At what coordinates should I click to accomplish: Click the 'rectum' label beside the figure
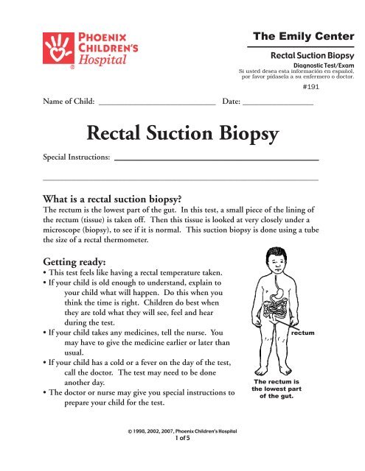(x=303, y=333)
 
